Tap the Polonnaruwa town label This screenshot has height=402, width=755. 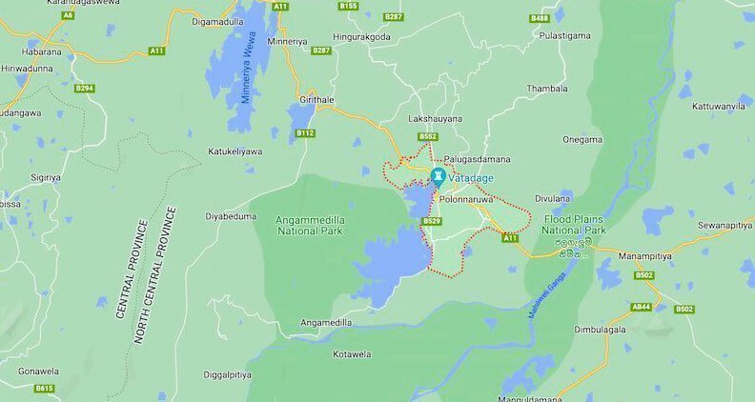pos(466,200)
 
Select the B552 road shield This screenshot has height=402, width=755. pos(428,137)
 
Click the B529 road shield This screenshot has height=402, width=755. pos(432,221)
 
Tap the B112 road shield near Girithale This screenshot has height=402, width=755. pos(305,133)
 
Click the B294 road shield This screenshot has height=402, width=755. pos(85,89)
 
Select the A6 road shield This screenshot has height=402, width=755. pos(68,15)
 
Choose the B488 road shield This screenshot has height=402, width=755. pos(540,18)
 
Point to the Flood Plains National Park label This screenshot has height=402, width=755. pos(575,225)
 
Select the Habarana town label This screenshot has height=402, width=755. pos(43,51)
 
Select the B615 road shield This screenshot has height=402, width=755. pos(44,389)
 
